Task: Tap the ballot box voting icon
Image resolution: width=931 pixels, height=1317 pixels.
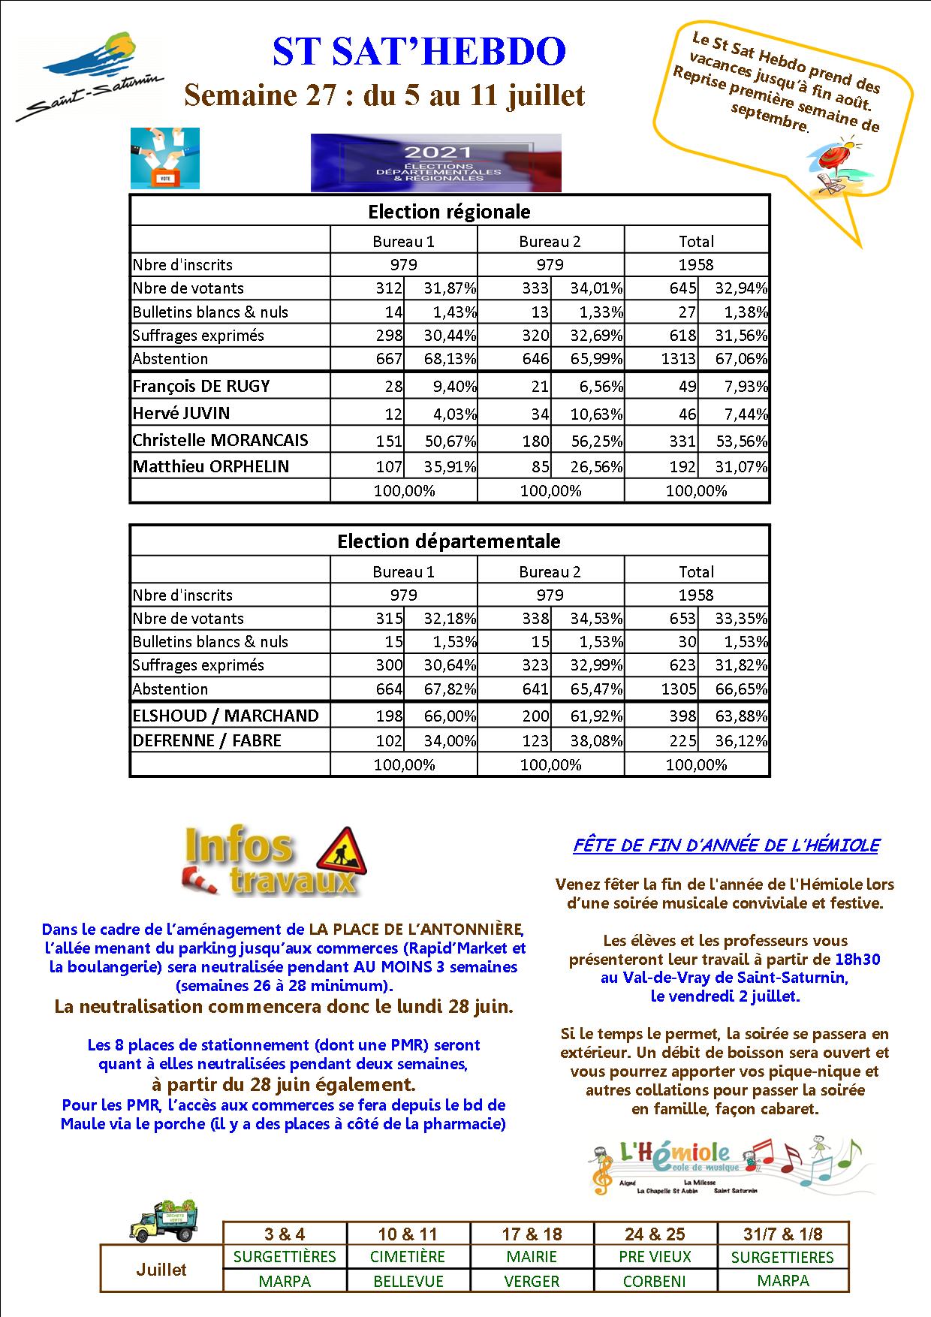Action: click(165, 158)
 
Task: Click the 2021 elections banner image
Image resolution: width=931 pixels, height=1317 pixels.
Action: click(435, 162)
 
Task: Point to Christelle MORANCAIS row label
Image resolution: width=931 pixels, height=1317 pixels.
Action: click(220, 440)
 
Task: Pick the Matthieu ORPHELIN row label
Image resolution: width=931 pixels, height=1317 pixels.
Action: click(210, 466)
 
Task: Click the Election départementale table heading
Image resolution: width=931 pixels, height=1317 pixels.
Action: click(448, 541)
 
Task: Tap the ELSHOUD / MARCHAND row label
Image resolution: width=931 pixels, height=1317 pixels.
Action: click(225, 716)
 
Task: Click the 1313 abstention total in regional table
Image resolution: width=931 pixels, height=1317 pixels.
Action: click(678, 359)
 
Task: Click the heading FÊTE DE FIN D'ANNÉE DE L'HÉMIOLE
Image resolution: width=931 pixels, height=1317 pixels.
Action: click(725, 845)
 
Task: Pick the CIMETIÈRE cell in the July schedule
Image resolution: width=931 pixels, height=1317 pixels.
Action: click(408, 1257)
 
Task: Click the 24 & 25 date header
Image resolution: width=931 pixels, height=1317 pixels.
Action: click(655, 1234)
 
